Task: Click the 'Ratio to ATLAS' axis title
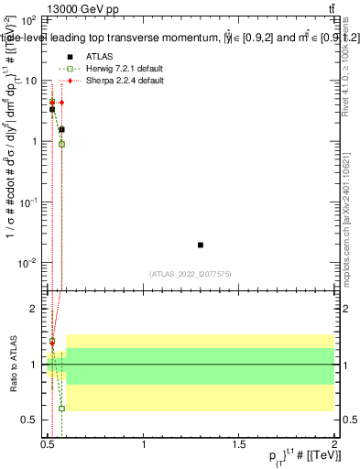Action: tap(12, 365)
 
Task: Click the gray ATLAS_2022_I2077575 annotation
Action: tap(190, 273)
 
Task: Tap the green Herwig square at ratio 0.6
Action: tap(61, 409)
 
